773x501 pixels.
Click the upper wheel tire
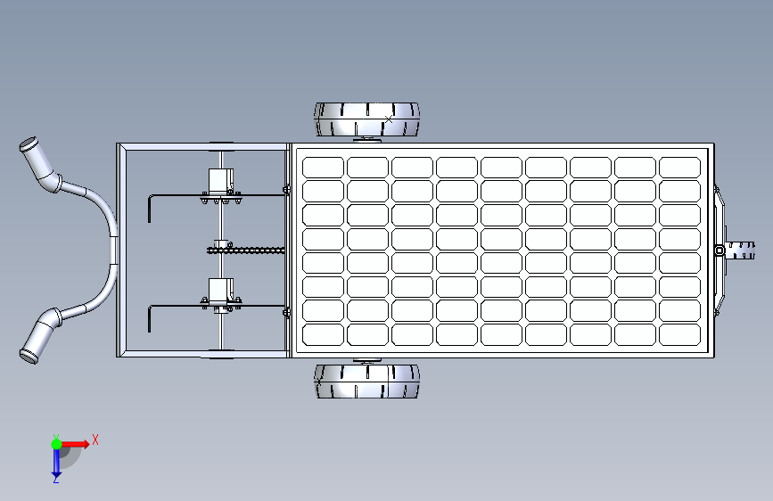(x=366, y=119)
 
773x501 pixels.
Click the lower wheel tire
(x=366, y=381)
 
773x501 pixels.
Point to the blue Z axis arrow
(x=55, y=461)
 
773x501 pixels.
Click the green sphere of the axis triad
(x=55, y=443)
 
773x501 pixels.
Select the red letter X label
(x=95, y=439)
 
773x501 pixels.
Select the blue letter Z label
(x=55, y=479)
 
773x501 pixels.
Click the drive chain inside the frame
(x=250, y=250)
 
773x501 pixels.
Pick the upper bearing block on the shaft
(x=219, y=181)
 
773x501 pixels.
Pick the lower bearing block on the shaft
(x=219, y=291)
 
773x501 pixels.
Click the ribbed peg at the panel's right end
(x=738, y=250)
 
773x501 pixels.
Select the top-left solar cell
(x=323, y=168)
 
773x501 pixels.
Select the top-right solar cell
(x=679, y=168)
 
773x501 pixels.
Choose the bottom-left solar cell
(x=323, y=334)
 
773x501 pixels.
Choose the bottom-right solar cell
(x=679, y=334)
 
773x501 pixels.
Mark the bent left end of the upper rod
(x=151, y=207)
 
